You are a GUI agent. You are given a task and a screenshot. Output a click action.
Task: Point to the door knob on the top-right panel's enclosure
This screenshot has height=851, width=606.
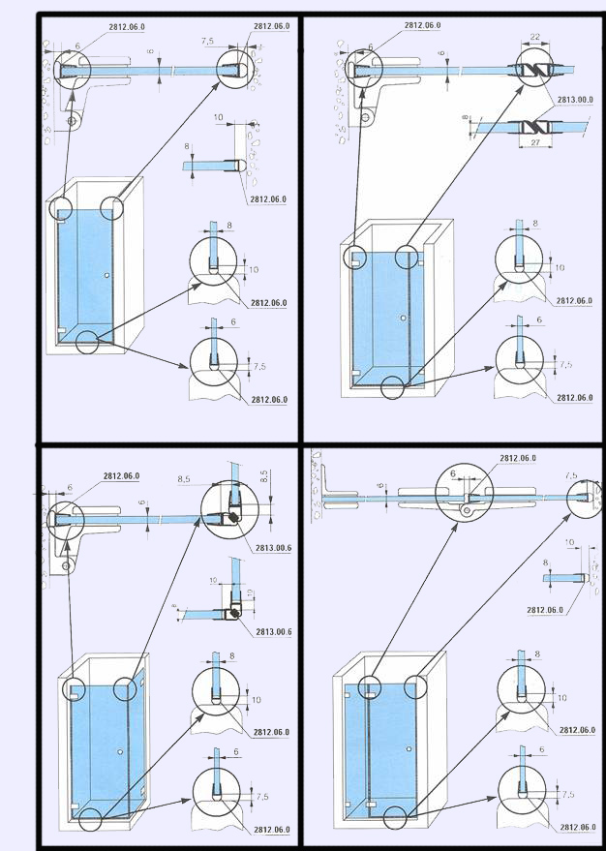[401, 318]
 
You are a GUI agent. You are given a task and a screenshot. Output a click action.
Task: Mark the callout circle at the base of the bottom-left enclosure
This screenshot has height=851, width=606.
[90, 815]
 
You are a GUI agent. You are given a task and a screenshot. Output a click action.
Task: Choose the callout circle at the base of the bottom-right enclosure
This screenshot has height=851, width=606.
[394, 817]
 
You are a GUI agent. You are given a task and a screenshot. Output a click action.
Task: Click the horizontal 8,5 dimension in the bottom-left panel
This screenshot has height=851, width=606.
[184, 477]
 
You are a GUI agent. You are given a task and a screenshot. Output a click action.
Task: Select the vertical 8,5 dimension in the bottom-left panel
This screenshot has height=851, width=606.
[264, 477]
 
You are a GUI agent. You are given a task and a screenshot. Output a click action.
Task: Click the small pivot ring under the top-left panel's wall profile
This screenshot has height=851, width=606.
[72, 121]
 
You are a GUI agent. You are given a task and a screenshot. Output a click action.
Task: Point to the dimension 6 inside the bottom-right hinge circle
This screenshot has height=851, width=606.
[451, 473]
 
